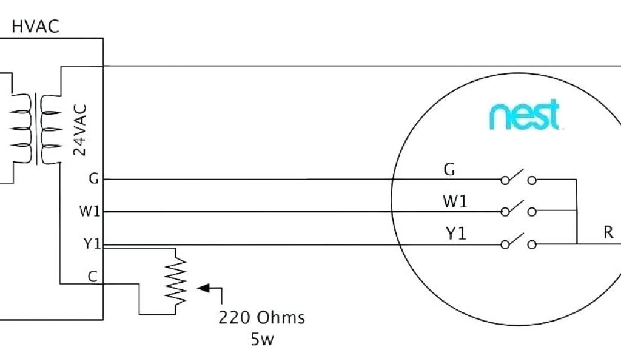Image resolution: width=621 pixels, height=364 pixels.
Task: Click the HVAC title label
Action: pos(35,27)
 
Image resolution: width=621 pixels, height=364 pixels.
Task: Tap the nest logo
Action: pos(525,116)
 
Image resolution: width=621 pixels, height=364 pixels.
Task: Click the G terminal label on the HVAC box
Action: pos(93,179)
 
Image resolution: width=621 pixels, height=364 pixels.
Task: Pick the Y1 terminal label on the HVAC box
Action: pos(92,244)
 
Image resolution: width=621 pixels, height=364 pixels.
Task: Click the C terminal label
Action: pos(93,277)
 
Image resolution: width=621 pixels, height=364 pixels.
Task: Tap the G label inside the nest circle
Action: pos(449,170)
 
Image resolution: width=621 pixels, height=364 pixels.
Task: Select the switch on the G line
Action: pos(517,178)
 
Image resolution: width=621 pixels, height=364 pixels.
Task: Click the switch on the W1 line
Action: pos(517,211)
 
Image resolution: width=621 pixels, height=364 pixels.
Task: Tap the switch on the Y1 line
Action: pos(517,243)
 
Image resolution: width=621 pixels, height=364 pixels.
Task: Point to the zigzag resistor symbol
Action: pos(178,281)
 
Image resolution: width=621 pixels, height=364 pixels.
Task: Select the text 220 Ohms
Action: pos(262,317)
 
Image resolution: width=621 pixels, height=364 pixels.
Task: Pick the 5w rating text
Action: pos(262,339)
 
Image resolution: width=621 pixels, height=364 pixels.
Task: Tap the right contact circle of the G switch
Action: pos(532,180)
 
